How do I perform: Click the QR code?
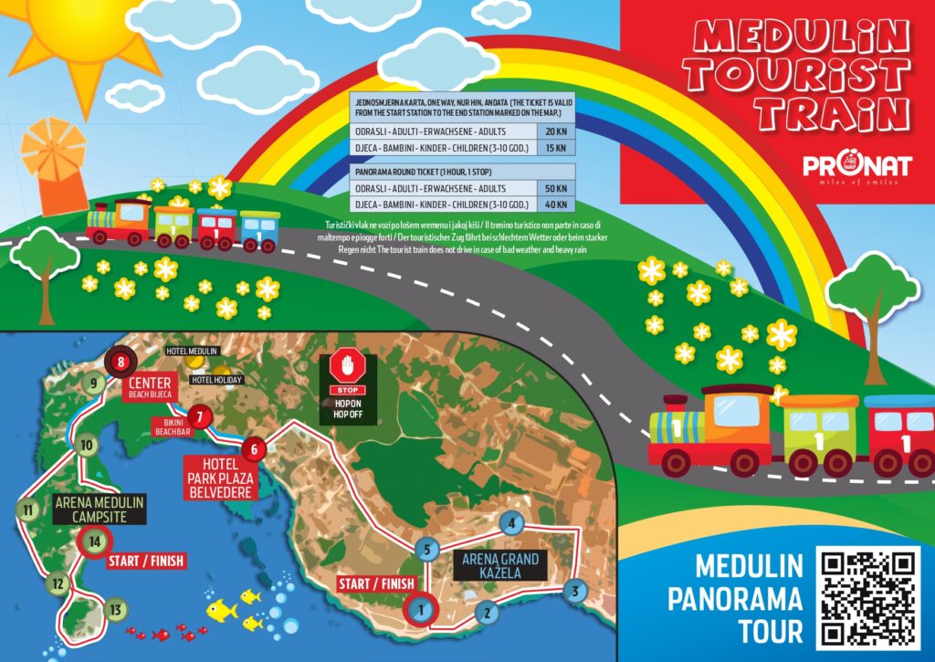click(868, 598)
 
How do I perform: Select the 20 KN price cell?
click(555, 131)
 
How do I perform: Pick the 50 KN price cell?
click(555, 188)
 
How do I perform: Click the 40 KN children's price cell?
click(555, 205)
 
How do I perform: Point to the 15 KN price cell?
click(555, 148)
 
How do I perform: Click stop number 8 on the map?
click(120, 363)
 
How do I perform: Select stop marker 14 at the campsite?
click(94, 541)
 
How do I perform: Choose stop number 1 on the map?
click(420, 607)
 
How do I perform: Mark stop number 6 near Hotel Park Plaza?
click(255, 448)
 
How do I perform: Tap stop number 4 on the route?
click(512, 524)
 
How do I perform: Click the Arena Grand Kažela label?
click(500, 566)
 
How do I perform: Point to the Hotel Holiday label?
click(215, 380)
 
